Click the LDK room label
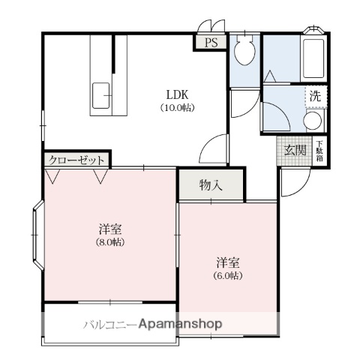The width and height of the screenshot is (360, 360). (178, 94)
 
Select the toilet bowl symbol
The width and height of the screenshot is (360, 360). (243, 52)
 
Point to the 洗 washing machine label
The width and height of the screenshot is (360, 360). (316, 96)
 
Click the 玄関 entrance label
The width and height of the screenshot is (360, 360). (295, 150)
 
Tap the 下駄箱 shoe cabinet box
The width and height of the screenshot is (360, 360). (319, 150)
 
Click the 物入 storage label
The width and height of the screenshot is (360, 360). (211, 185)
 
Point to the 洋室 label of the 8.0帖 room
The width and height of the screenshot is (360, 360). (109, 229)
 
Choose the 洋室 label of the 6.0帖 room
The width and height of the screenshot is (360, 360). (228, 262)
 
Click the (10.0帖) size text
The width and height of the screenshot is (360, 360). (178, 108)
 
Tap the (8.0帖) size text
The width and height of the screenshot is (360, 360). (109, 242)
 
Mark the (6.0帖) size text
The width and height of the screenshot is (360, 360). (228, 275)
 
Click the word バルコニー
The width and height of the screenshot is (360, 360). (109, 325)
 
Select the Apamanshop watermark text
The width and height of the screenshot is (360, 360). (178, 325)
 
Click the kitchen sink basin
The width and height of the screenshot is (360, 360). (102, 96)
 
